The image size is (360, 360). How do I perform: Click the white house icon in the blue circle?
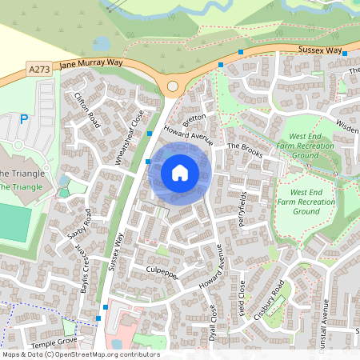tap(180, 173)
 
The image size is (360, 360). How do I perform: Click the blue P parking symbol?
tap(24, 120)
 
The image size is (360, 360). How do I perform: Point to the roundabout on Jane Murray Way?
tap(173, 86)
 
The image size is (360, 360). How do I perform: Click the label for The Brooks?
tap(245, 150)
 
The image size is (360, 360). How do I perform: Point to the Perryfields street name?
tap(242, 207)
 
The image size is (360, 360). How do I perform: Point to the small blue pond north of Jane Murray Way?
tap(102, 42)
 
